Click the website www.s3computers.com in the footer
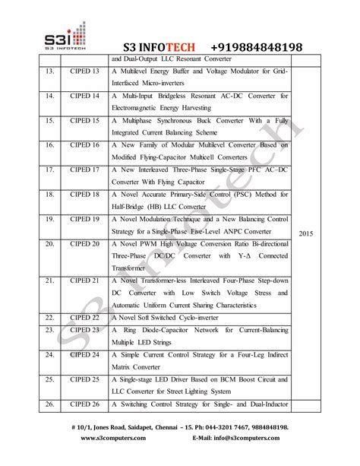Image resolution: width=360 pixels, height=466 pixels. [115, 439]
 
